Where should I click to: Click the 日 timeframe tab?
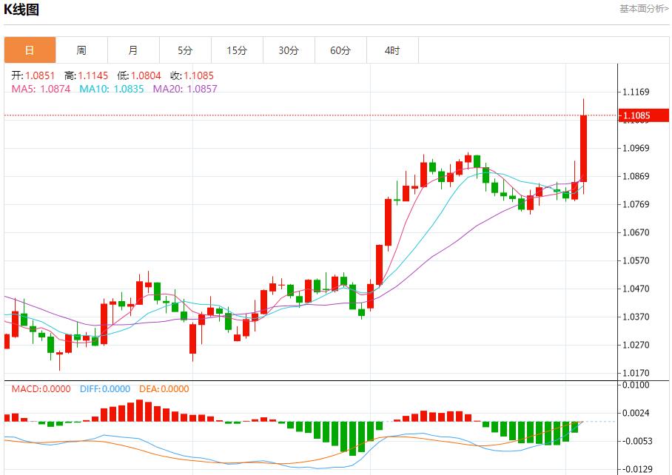pos(30,50)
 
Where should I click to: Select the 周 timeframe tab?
pos(81,50)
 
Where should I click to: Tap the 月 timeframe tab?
pos(133,50)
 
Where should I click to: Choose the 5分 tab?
pos(185,50)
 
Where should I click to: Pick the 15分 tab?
pos(237,50)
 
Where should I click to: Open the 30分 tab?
pos(289,50)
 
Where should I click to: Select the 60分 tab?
pos(340,50)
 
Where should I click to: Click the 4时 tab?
pos(392,50)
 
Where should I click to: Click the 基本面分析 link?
pos(643,9)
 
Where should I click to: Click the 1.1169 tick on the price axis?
pos(636,92)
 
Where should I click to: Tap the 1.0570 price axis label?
pos(636,261)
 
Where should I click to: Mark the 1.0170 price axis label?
pos(636,374)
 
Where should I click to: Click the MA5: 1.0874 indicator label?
pos(41,89)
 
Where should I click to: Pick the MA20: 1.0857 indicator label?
pos(185,89)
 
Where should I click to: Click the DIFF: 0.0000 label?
pos(104,389)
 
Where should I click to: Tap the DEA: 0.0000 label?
pos(164,389)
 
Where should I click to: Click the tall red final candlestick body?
pos(583,148)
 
